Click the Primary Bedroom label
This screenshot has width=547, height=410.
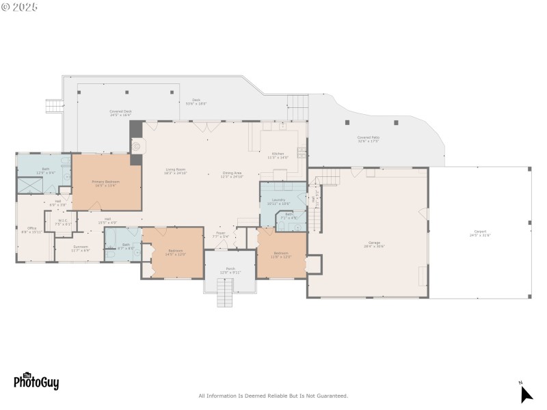106,183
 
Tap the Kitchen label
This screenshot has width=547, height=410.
278,155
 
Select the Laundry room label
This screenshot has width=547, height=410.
278,202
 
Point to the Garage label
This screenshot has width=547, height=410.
374,244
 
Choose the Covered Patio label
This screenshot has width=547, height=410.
368,139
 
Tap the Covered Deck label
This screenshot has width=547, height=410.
120,113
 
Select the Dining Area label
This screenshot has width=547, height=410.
232,174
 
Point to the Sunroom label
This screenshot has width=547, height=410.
80,249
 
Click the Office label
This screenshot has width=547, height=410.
31,230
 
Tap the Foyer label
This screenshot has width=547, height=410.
221,234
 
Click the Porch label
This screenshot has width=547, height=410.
230,270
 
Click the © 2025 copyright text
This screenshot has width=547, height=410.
21,7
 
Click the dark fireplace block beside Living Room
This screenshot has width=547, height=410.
135,128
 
